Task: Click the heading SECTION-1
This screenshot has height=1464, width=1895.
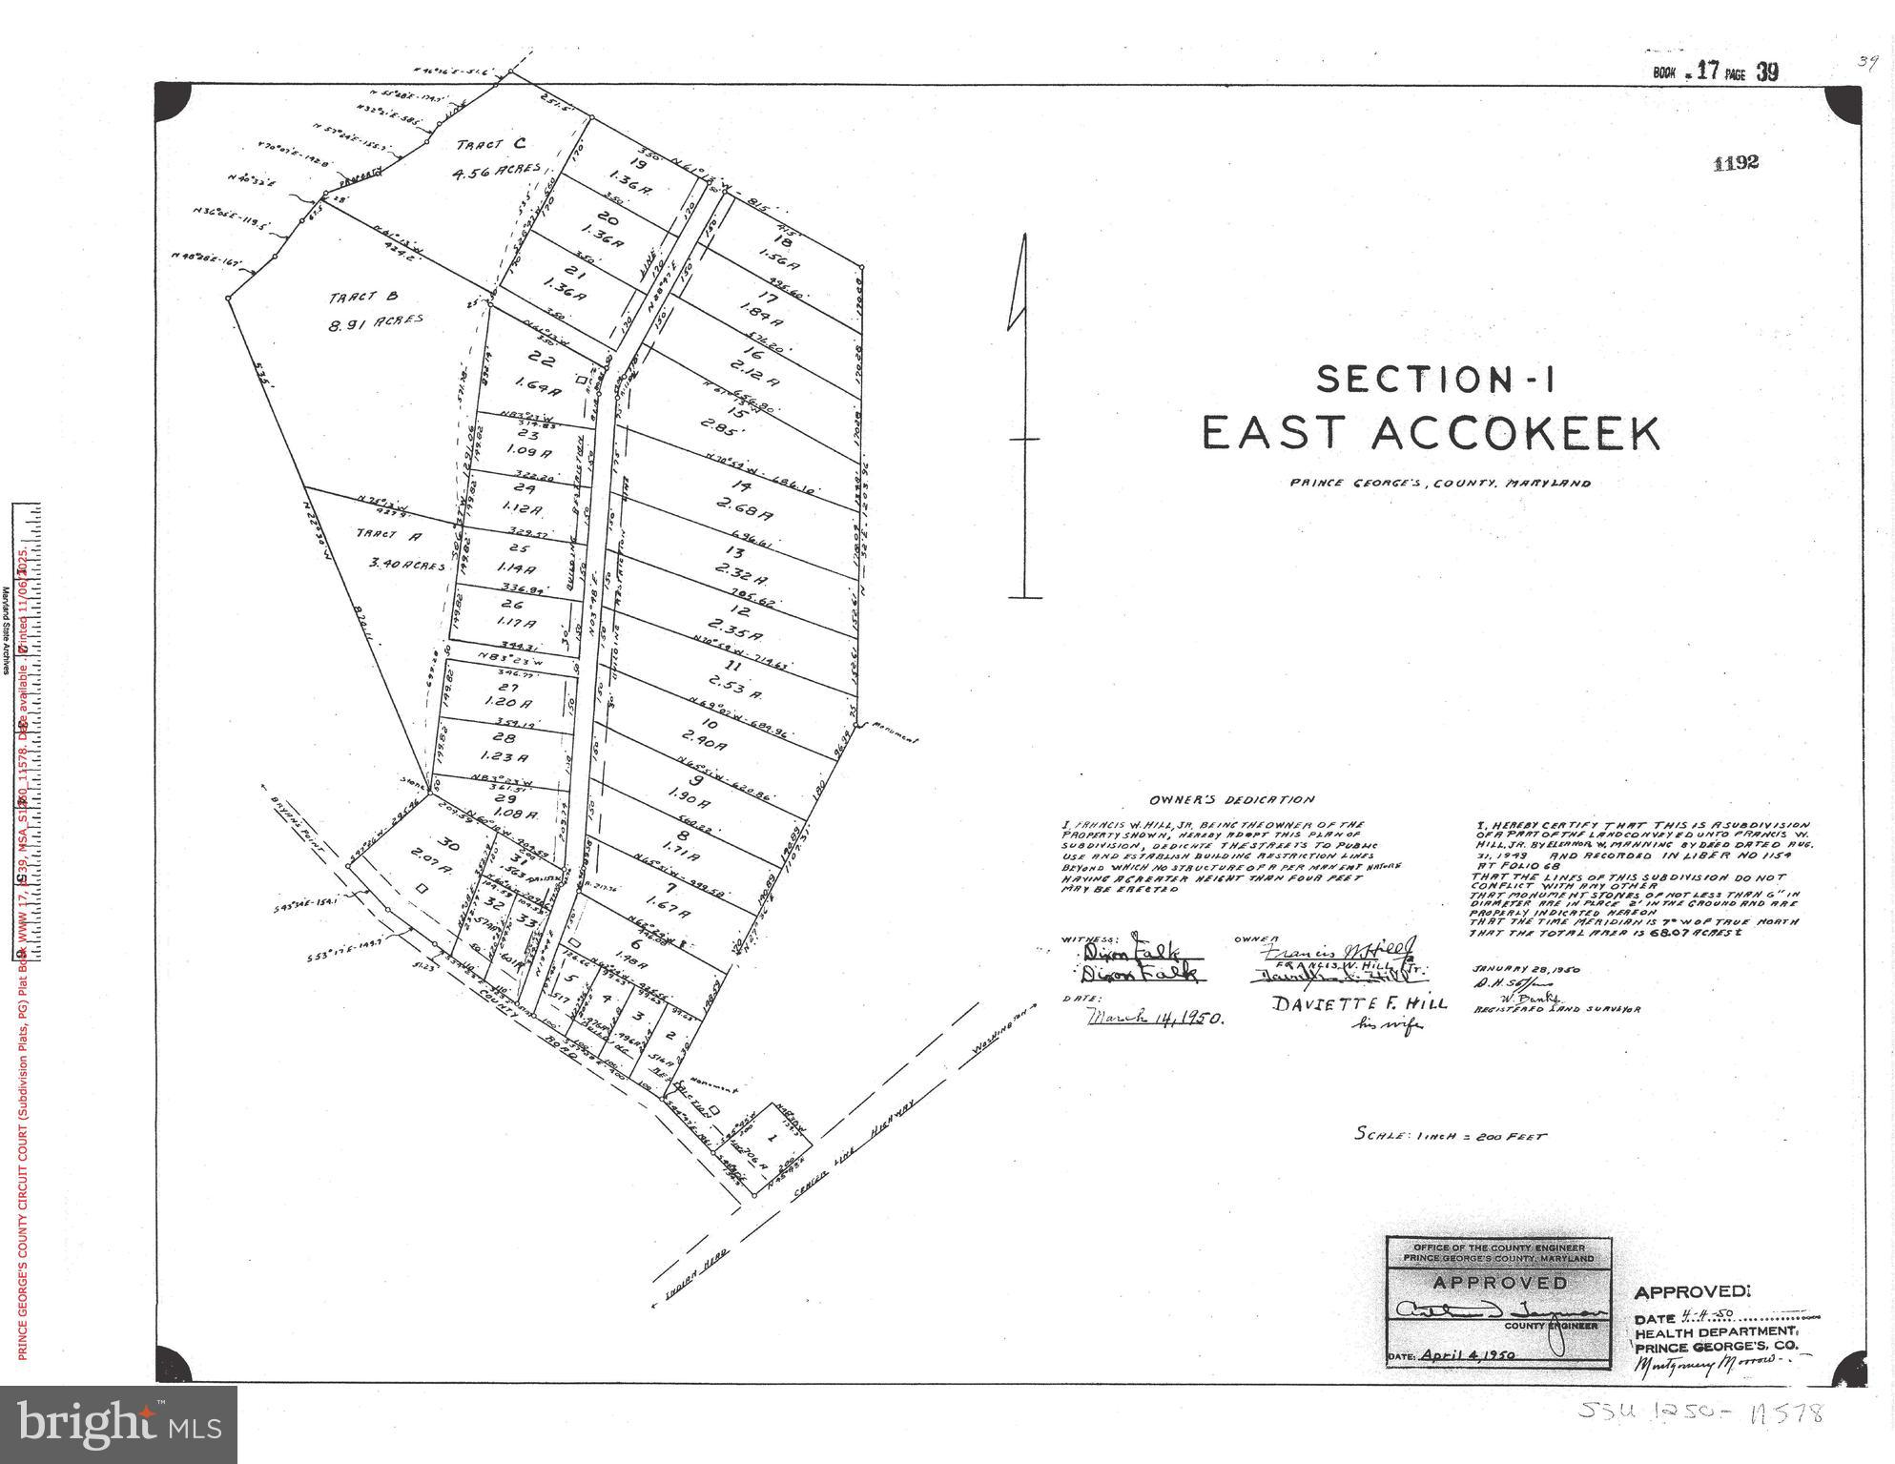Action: click(1435, 380)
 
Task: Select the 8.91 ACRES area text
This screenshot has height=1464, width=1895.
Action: click(376, 323)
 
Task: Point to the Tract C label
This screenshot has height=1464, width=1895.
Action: click(490, 145)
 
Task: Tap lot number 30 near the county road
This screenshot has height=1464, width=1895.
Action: click(446, 843)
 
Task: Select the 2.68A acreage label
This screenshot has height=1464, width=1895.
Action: click(748, 516)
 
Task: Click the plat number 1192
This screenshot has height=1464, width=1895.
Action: click(1735, 163)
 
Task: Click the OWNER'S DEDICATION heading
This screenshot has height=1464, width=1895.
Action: click(1231, 800)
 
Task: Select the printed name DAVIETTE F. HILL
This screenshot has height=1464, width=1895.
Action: click(1359, 1002)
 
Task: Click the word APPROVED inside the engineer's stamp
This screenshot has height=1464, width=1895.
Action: click(1498, 1283)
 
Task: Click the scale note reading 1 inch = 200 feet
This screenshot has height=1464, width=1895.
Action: click(1450, 1135)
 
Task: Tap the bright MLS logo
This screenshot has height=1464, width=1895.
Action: click(118, 1424)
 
